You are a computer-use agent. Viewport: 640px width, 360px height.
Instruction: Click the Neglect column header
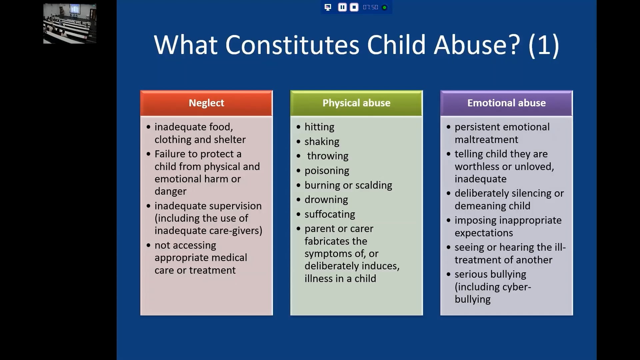(206, 103)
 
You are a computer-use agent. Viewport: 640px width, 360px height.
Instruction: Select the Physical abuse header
(356, 103)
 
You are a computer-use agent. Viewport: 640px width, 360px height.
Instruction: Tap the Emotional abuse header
(506, 103)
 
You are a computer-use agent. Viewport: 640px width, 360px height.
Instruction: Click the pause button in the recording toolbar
(342, 7)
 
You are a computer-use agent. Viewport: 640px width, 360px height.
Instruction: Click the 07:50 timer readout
(370, 7)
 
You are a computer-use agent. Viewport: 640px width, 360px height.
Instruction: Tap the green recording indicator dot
(384, 7)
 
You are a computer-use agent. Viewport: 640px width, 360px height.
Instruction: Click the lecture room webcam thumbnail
(70, 24)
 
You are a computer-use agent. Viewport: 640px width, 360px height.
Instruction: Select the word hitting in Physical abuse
(319, 127)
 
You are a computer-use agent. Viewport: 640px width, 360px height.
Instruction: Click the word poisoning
(327, 171)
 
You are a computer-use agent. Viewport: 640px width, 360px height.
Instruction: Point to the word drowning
(326, 200)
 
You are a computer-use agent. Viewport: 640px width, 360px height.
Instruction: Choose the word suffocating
(330, 214)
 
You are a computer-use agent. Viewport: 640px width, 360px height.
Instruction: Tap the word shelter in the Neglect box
(230, 140)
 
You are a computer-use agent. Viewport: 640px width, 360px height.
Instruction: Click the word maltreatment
(486, 140)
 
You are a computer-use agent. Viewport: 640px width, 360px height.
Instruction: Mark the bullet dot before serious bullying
(448, 274)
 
